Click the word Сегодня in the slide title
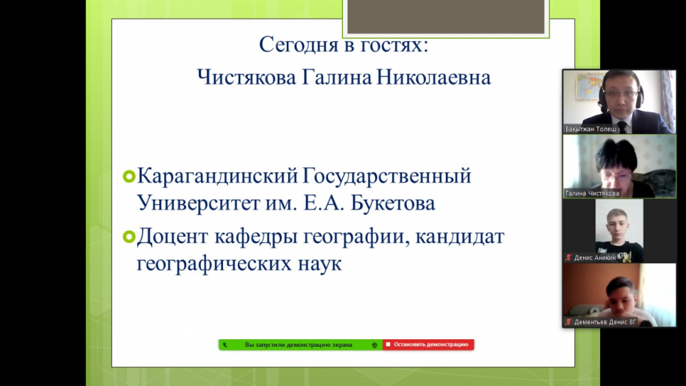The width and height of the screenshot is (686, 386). [x=298, y=45]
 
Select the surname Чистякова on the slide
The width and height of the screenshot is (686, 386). [x=247, y=78]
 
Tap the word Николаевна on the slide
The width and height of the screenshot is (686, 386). [x=434, y=78]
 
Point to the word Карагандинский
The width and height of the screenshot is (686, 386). [x=217, y=177]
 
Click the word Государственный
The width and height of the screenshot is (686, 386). [x=387, y=177]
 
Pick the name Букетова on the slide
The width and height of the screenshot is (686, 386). [x=393, y=203]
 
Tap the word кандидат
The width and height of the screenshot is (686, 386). [x=460, y=237]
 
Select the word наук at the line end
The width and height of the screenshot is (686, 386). [x=320, y=264]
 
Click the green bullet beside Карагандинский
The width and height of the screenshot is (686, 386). [x=129, y=177]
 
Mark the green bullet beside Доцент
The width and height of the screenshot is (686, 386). [x=129, y=237]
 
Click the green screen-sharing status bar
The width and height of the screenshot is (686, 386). [x=300, y=345]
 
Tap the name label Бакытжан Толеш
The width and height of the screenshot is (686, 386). [x=591, y=129]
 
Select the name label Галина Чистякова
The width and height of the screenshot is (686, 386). [x=592, y=193]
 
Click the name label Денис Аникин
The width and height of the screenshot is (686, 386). [x=595, y=258]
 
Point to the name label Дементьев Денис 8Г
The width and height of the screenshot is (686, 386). [x=605, y=322]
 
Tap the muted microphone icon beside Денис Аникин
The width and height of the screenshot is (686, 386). [x=568, y=258]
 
